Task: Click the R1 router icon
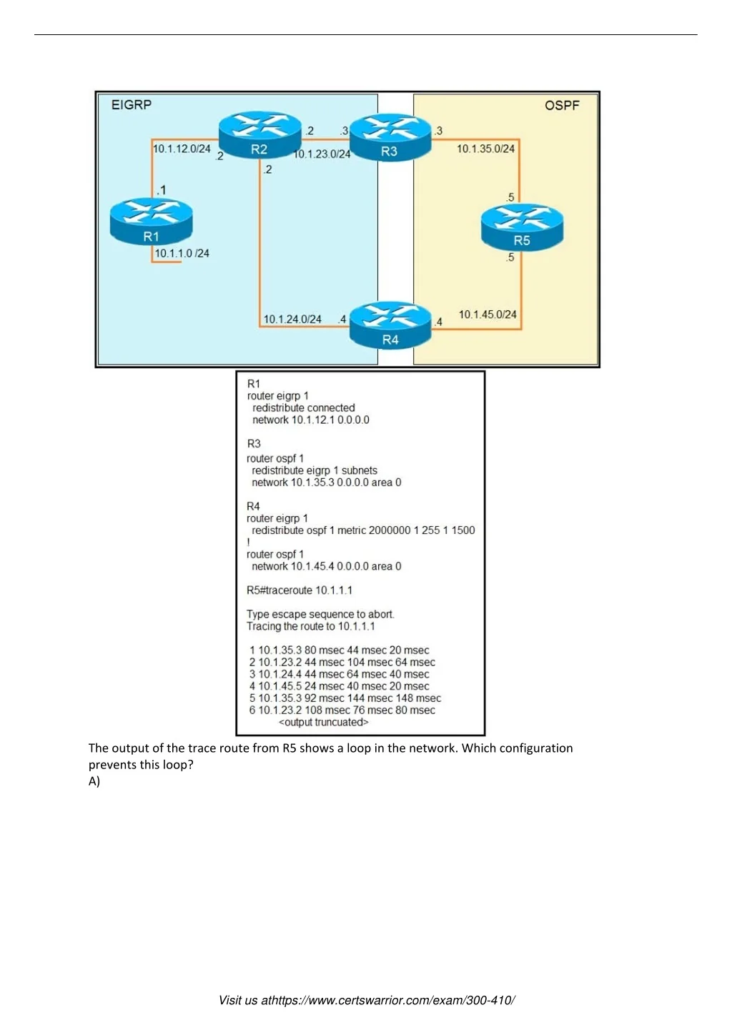[x=151, y=221]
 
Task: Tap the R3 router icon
[x=390, y=137]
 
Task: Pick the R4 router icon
[x=390, y=325]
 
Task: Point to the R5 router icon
[x=522, y=227]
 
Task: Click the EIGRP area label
[x=132, y=105]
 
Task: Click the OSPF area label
[x=562, y=106]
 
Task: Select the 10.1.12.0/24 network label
[x=182, y=149]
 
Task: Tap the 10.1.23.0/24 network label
[x=322, y=154]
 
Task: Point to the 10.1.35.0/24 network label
[x=485, y=149]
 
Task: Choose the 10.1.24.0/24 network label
[x=292, y=320]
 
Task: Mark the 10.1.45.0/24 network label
[x=488, y=315]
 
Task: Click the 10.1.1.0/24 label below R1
[x=182, y=253]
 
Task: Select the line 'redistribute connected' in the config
[x=303, y=408]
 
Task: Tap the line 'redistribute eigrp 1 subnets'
[x=314, y=470]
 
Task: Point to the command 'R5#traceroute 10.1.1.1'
[x=299, y=590]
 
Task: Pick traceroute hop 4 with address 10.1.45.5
[x=339, y=686]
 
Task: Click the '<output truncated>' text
[x=323, y=722]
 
